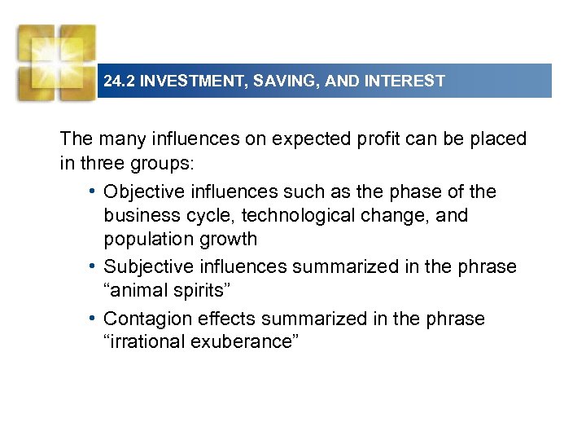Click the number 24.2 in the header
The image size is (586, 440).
120,81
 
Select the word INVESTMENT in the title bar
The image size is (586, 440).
192,81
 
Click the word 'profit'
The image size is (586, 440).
378,139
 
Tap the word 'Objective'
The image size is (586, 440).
143,192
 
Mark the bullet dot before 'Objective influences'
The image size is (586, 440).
94,192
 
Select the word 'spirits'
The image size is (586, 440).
199,291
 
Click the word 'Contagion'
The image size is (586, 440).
145,319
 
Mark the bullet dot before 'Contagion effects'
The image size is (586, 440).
94,319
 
